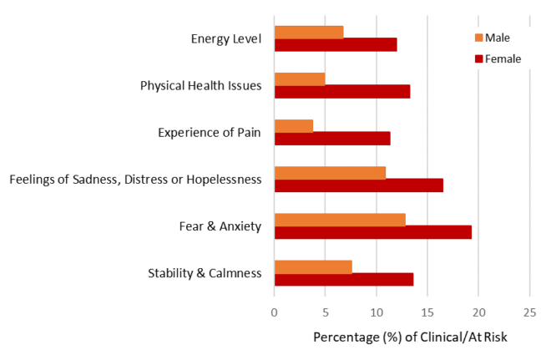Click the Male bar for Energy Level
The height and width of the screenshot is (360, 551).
click(309, 32)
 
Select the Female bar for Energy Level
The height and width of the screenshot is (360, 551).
click(336, 45)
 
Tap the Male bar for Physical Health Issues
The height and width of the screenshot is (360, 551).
click(300, 79)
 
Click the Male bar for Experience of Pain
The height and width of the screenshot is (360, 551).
click(294, 125)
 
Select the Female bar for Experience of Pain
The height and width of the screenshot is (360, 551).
click(332, 139)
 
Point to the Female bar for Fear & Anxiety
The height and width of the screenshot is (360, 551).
click(373, 232)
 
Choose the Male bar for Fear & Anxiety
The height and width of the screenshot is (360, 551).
click(340, 220)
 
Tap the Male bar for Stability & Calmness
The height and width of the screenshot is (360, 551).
click(313, 266)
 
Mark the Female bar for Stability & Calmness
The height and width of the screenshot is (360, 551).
click(344, 280)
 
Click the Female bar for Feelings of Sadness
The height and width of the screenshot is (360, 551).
click(359, 185)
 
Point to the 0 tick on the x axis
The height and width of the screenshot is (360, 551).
click(275, 312)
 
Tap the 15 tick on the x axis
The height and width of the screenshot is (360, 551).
click(427, 312)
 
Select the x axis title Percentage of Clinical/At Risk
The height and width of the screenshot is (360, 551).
click(410, 337)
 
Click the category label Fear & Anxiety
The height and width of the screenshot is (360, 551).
click(220, 226)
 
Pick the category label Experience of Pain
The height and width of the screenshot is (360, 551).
click(210, 132)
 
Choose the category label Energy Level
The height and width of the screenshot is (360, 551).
click(226, 38)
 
